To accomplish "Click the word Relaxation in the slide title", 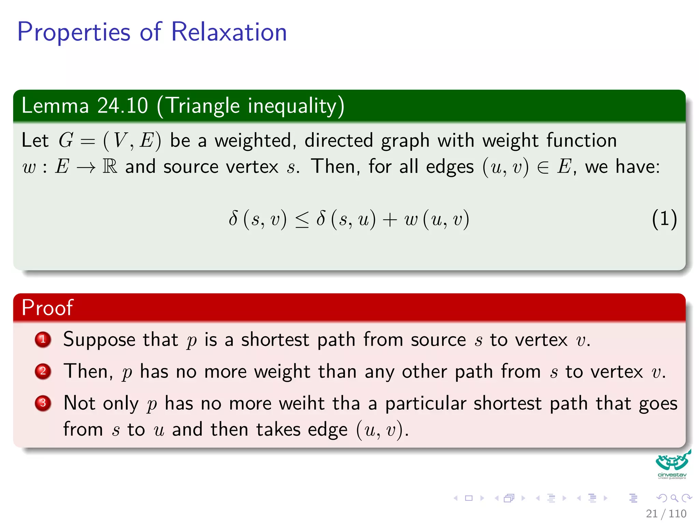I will [x=229, y=32].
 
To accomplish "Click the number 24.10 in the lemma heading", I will [x=123, y=105].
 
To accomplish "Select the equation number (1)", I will [x=664, y=219].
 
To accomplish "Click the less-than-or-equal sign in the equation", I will [x=302, y=219].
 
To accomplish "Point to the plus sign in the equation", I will [x=389, y=219].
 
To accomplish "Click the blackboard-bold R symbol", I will [x=110, y=166].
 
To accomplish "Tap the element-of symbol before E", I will [x=543, y=167].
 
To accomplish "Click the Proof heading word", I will [x=47, y=307].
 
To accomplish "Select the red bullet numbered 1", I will [x=43, y=340].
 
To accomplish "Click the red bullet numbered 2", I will [x=43, y=371].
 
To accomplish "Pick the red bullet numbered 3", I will [x=43, y=403].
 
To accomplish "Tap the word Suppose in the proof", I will [x=99, y=340].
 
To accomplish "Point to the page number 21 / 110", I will [x=666, y=513].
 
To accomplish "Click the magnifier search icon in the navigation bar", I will [x=674, y=498].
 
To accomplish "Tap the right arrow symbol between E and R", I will [x=86, y=168].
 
